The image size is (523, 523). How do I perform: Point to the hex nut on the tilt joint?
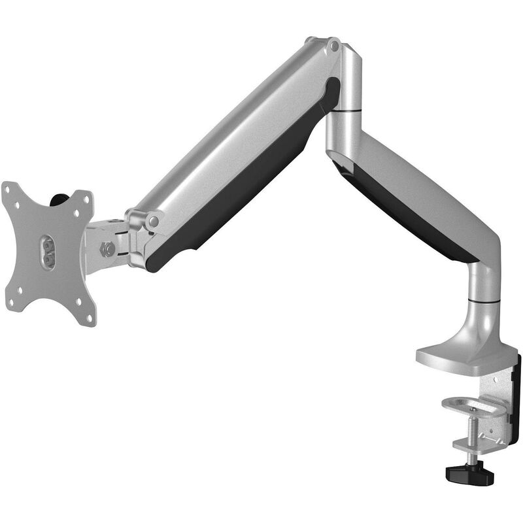tap(107, 248)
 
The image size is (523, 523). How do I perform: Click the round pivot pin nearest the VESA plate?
tap(153, 222)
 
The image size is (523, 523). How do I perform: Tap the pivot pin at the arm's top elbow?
tap(334, 46)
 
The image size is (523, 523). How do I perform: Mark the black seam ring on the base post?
tap(484, 302)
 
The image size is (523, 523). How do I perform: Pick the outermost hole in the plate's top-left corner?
tap(7, 190)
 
